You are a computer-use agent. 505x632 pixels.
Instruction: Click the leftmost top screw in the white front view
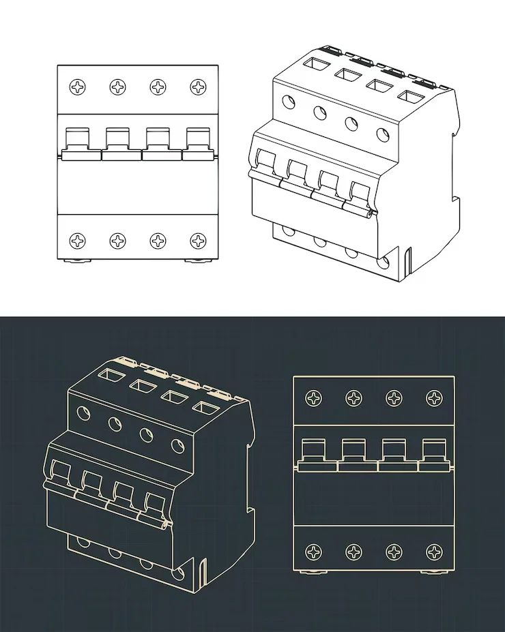coord(79,87)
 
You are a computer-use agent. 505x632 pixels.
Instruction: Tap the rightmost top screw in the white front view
coord(199,87)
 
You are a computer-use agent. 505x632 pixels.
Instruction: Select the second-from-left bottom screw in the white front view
coord(119,240)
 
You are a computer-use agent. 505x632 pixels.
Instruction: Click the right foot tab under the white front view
coord(198,261)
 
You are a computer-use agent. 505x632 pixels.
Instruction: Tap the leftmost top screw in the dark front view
coord(315,397)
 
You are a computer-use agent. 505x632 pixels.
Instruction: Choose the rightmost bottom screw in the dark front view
coord(434,551)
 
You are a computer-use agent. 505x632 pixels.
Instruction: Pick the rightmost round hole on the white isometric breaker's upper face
coord(383,133)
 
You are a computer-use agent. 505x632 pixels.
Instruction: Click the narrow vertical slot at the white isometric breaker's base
coord(409,262)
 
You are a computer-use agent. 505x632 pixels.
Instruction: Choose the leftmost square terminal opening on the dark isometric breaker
coord(110,374)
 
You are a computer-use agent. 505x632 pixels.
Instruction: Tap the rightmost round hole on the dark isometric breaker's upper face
coord(178,446)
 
